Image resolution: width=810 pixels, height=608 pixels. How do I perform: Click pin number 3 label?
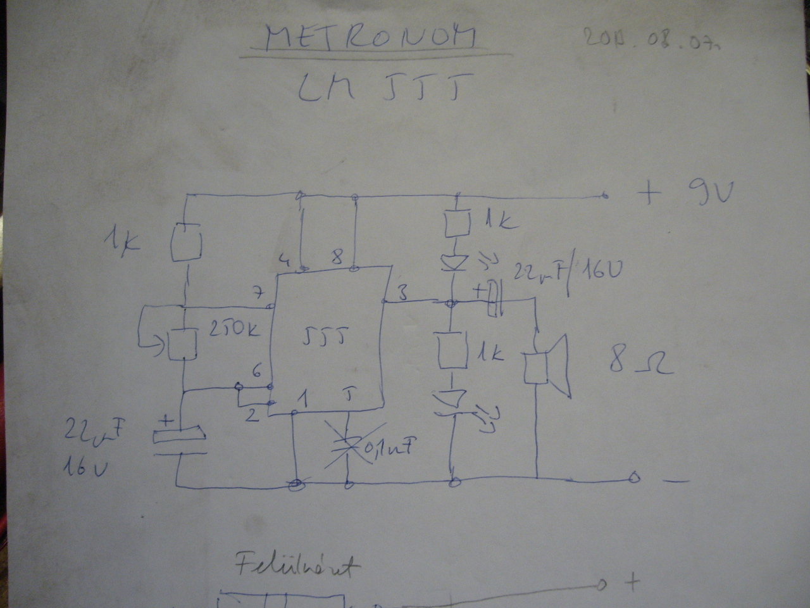(x=403, y=293)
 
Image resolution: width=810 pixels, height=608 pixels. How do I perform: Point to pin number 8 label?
(x=338, y=258)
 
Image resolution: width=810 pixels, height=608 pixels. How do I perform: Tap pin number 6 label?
(x=256, y=372)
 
